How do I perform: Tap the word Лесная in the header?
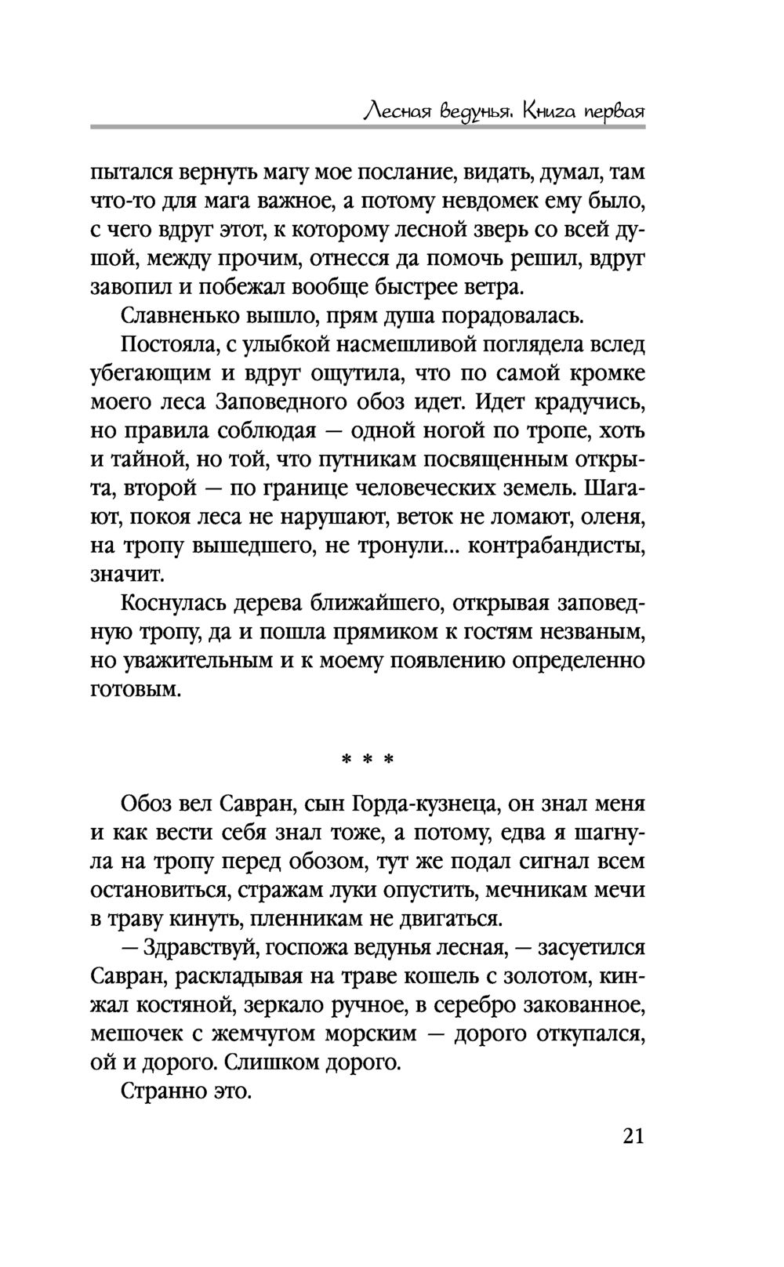click(x=394, y=112)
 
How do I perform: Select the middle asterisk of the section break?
click(x=366, y=760)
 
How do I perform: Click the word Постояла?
click(x=165, y=345)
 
